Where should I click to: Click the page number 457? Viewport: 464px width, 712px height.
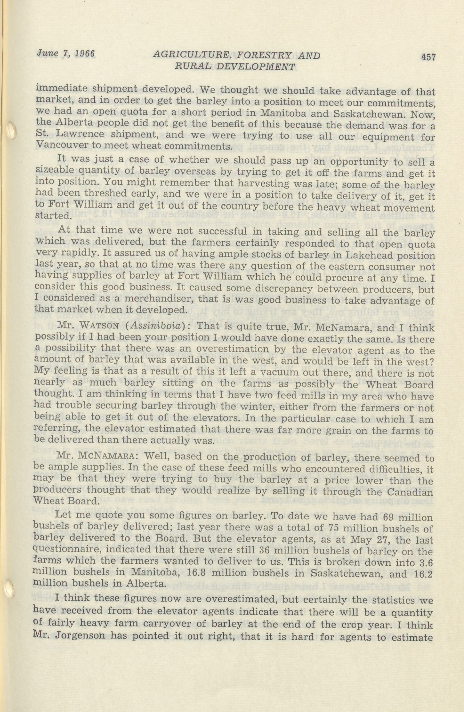coord(428,57)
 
